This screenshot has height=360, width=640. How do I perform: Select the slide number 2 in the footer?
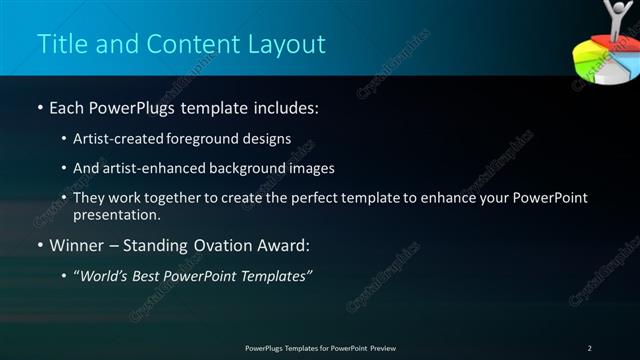[x=589, y=348]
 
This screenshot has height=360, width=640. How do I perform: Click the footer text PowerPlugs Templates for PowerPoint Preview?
[x=320, y=348]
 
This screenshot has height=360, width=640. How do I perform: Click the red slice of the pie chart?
[x=597, y=48]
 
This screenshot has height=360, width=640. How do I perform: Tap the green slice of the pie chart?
[x=582, y=68]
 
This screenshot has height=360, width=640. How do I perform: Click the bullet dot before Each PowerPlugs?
[x=39, y=107]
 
